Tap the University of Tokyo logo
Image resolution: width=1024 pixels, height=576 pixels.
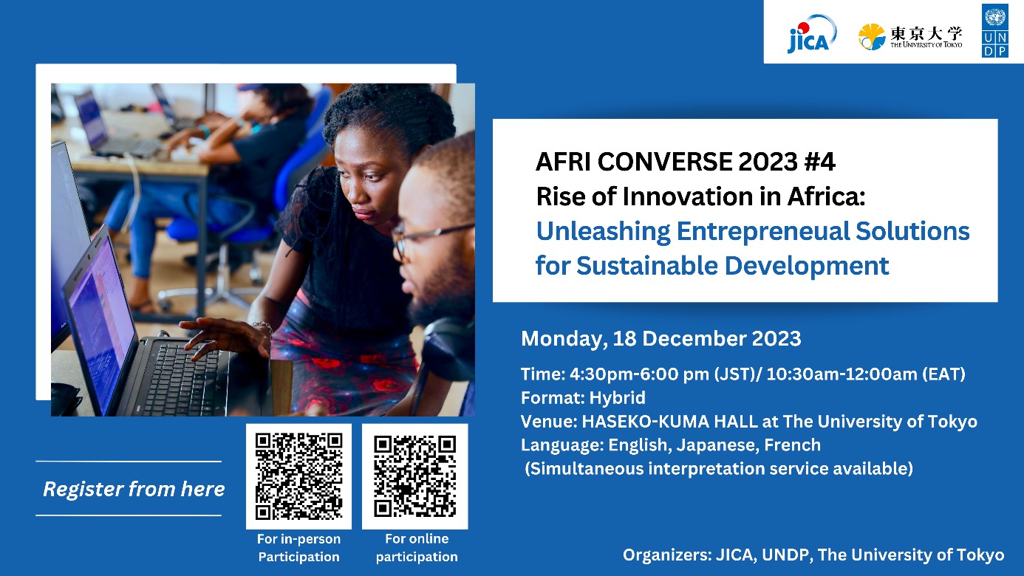point(910,37)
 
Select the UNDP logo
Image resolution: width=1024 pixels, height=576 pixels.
point(994,30)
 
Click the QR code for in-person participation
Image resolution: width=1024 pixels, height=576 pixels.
point(299,476)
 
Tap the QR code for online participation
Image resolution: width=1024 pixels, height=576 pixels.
point(415,476)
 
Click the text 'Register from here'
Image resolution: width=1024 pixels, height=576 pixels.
point(134,489)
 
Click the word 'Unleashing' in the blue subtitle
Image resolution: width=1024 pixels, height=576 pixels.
point(603,232)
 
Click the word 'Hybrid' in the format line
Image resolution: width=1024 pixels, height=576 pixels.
point(617,398)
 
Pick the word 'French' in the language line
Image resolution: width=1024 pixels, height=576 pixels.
point(792,445)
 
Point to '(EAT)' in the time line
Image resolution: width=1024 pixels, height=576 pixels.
point(943,374)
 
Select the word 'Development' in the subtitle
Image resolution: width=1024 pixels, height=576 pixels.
point(807,267)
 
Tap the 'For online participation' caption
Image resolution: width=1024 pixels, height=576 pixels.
point(417,548)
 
